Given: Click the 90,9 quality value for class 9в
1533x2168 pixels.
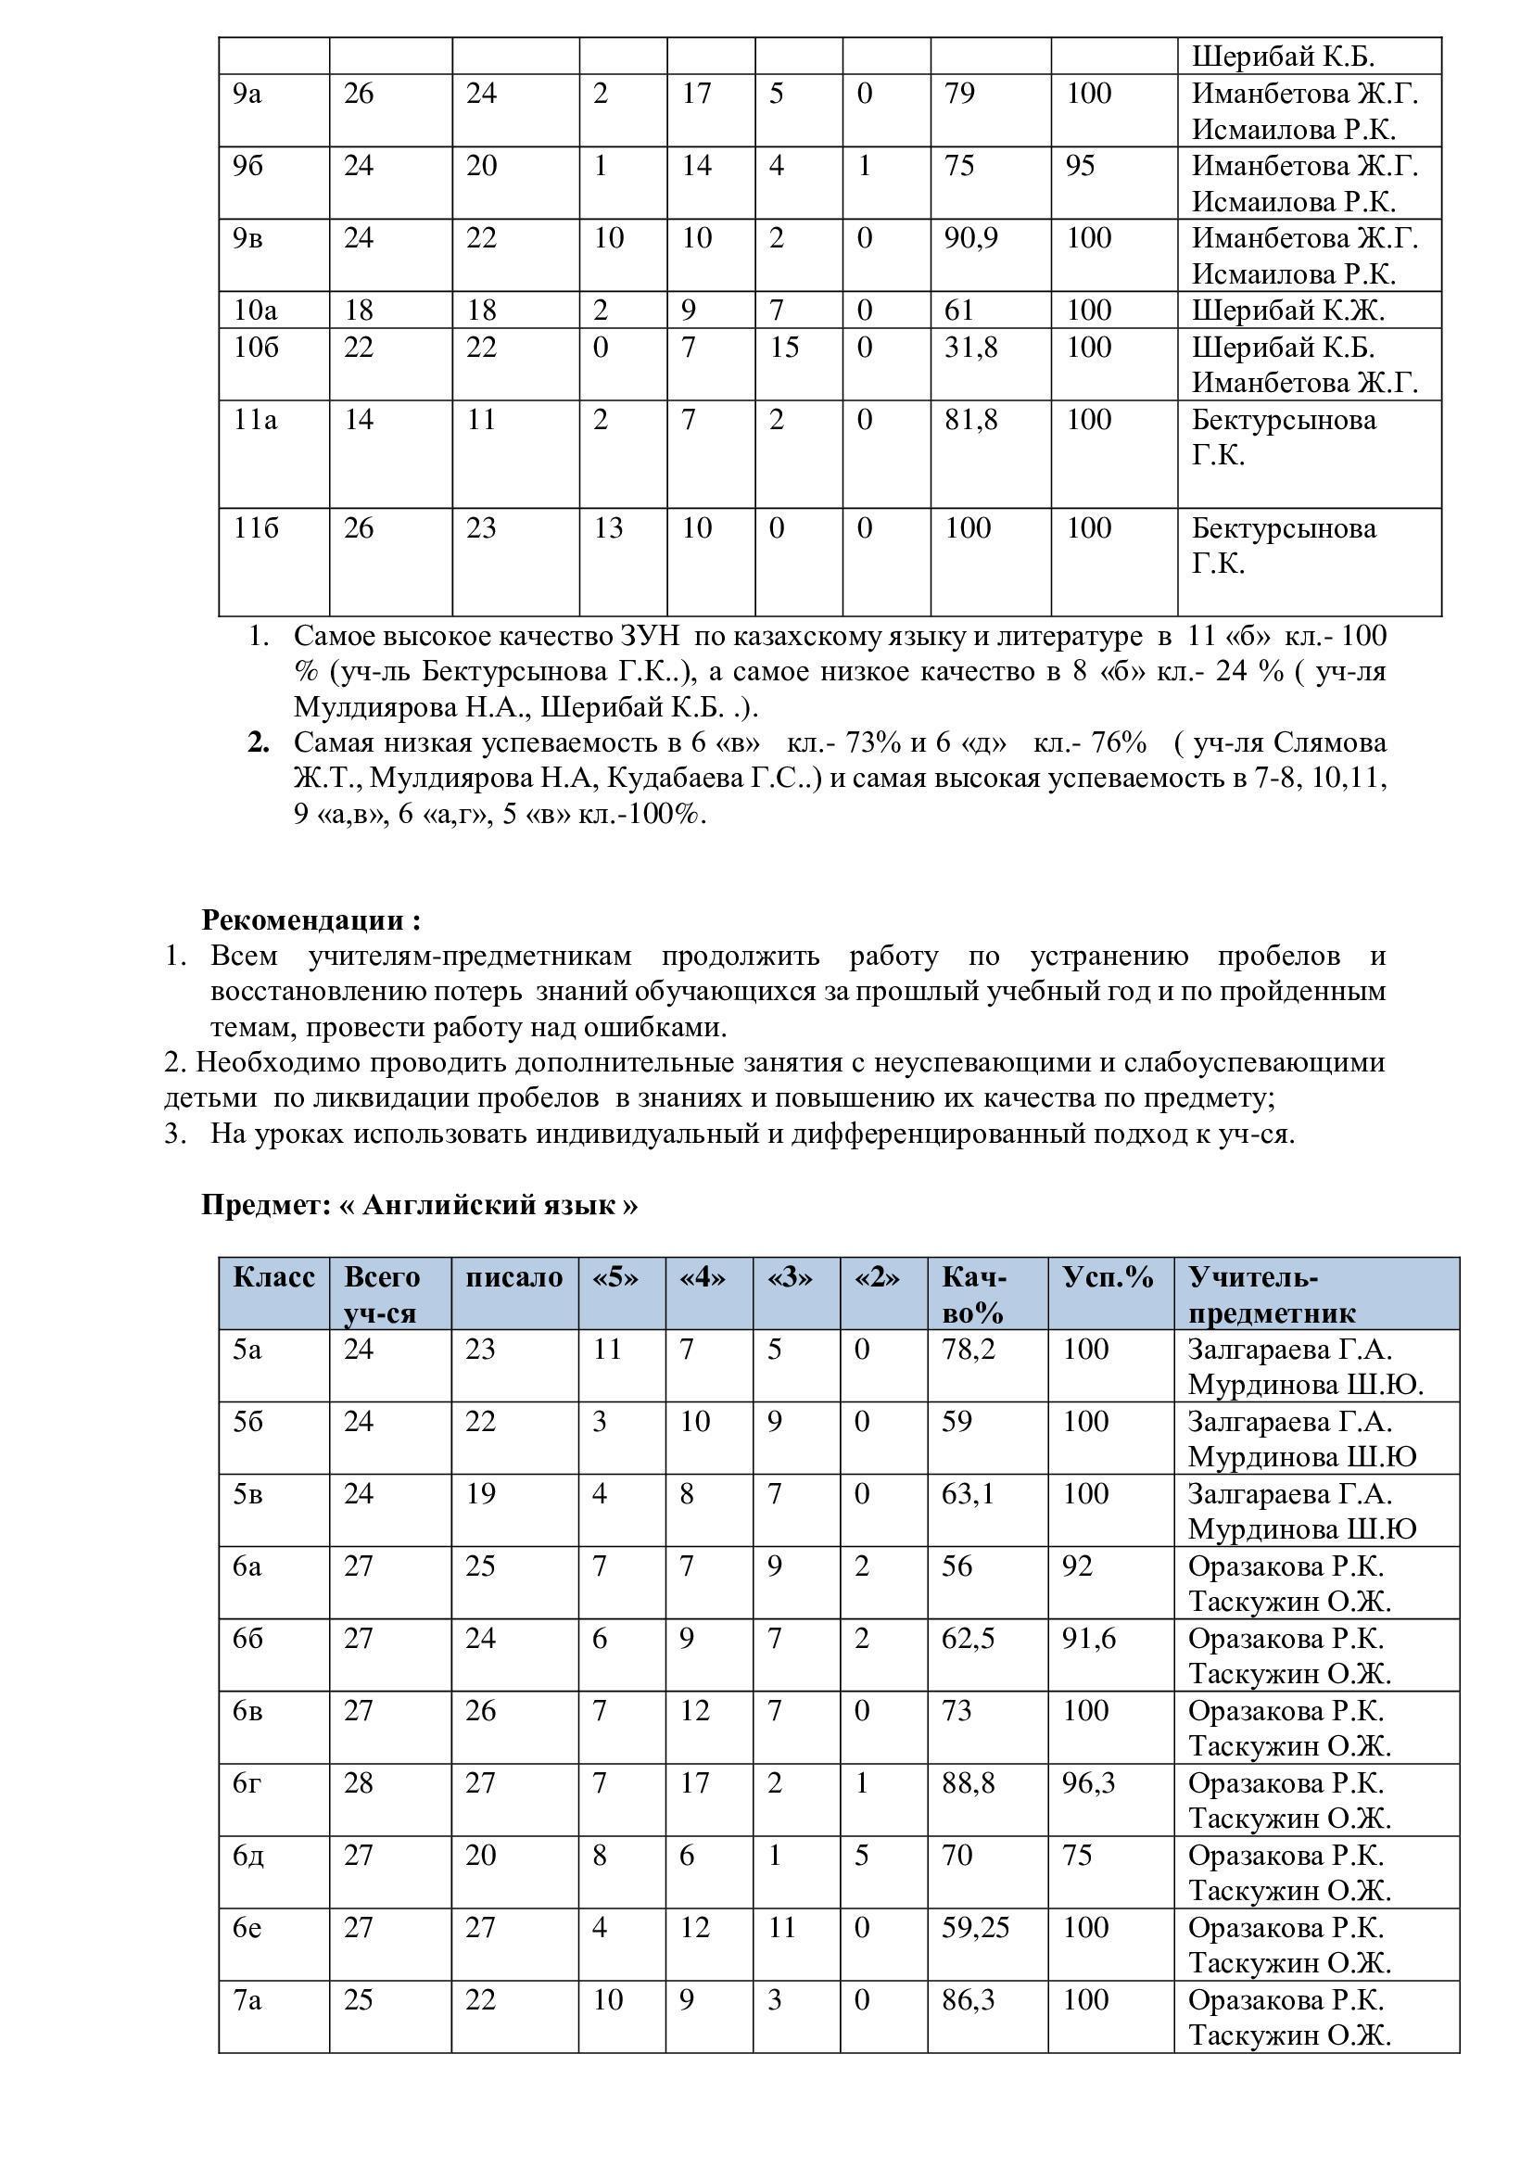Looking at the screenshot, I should [x=970, y=238].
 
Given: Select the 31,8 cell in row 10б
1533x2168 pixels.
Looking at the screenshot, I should [x=970, y=348].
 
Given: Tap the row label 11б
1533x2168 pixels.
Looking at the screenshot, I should [x=256, y=527].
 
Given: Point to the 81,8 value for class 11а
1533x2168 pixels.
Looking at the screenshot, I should [x=970, y=419].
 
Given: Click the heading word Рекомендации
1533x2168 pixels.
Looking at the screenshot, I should [x=303, y=919].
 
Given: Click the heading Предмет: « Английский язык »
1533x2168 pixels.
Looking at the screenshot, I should [x=419, y=1205].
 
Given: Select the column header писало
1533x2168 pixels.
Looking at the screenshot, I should [x=513, y=1277].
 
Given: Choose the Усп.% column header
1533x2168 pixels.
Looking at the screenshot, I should [x=1109, y=1277].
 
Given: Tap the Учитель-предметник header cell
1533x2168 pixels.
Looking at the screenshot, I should [x=1271, y=1295].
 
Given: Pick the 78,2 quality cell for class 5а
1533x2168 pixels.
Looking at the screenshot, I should [x=968, y=1350].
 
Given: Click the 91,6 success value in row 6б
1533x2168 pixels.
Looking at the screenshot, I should [x=1088, y=1638].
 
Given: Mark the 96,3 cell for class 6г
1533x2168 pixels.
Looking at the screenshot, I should [x=1088, y=1782].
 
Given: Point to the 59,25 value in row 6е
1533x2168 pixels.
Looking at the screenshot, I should [x=975, y=1927].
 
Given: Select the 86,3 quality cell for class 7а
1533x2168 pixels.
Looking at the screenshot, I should [x=968, y=2000].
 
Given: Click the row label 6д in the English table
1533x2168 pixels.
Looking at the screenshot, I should [x=248, y=1856].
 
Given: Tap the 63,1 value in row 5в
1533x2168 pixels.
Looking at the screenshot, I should [x=968, y=1494].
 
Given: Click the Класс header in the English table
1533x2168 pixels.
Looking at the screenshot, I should [x=273, y=1277].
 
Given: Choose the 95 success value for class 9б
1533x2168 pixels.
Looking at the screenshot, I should [x=1080, y=166].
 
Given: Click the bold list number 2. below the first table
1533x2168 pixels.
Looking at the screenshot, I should [x=259, y=743].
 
